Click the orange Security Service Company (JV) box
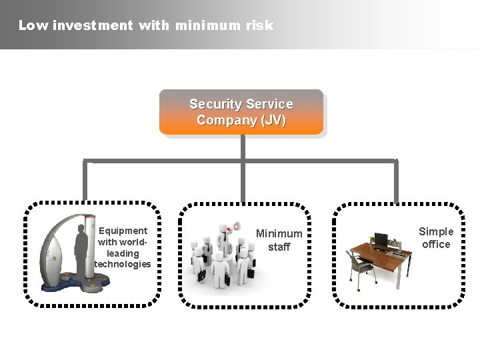[241, 112]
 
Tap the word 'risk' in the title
[259, 26]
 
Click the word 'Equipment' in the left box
[123, 231]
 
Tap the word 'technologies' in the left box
[123, 265]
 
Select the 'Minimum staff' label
[279, 240]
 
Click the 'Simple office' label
[436, 238]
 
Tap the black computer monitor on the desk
[381, 239]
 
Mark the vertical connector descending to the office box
[397, 181]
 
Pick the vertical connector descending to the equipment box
[85, 181]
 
